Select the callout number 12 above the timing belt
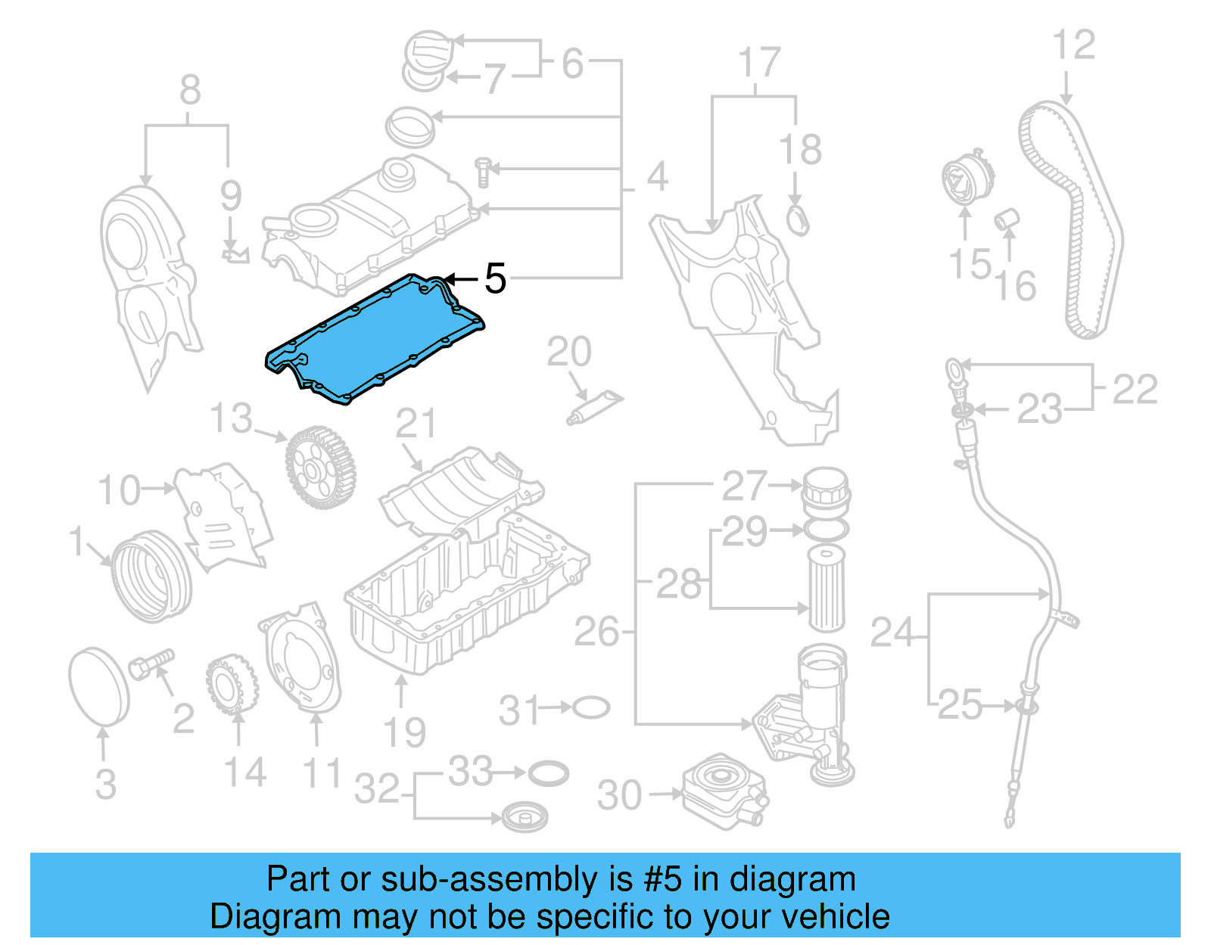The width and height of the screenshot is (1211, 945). (x=1073, y=45)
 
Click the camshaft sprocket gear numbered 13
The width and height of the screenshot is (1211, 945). (x=320, y=468)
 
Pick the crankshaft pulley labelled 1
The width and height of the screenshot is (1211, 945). (x=151, y=575)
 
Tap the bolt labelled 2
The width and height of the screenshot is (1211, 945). (x=151, y=664)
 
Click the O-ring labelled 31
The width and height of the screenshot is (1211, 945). (x=590, y=708)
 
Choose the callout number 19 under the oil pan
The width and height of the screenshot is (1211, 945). (x=405, y=732)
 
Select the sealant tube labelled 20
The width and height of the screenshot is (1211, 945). (x=595, y=406)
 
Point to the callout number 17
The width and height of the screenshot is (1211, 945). (x=758, y=62)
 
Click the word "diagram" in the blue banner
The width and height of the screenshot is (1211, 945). (x=792, y=879)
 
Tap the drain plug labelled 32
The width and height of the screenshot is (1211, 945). (x=524, y=818)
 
